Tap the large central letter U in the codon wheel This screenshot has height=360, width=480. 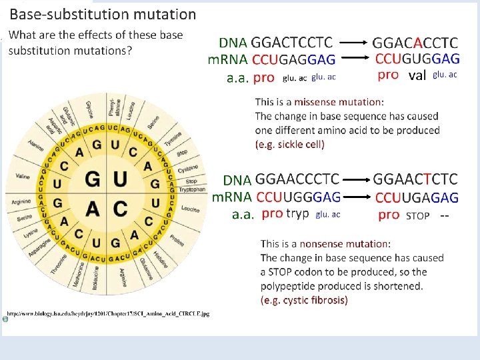pos(121,180)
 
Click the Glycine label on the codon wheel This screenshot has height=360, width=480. pos(89,109)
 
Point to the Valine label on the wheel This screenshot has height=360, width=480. pos(23,177)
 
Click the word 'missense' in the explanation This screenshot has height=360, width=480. pos(316,102)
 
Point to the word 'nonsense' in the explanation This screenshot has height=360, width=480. pos(323,244)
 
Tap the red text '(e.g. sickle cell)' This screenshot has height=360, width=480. pos(290,144)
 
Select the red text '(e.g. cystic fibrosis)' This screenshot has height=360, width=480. pos(304,300)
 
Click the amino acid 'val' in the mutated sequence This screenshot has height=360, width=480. pos(416,75)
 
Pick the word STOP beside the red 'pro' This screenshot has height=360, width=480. pos(417,215)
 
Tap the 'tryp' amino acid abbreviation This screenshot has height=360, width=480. pos(297,213)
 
